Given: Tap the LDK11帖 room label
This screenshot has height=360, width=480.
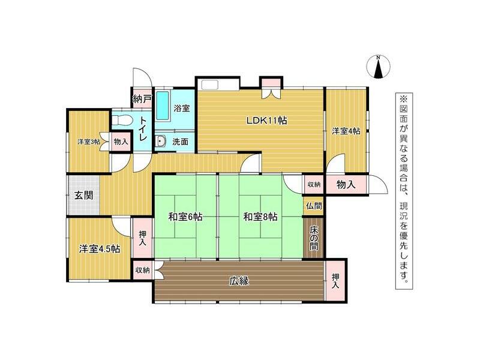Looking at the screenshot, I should [x=267, y=120].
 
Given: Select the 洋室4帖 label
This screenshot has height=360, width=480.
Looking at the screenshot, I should [x=346, y=131].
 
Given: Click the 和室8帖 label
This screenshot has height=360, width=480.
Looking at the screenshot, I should [x=260, y=217].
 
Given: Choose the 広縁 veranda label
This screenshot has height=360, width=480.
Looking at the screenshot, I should [x=239, y=280].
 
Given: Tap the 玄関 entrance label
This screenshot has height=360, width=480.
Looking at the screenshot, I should [x=83, y=195].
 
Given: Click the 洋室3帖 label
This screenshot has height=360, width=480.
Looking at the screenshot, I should [x=88, y=142].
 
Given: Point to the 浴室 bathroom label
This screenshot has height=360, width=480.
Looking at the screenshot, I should [x=182, y=109].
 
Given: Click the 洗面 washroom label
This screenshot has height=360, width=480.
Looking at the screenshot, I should [x=181, y=142].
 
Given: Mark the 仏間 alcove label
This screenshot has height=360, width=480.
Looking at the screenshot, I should [x=313, y=205].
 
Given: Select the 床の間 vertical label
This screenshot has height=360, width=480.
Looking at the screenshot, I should [x=314, y=239].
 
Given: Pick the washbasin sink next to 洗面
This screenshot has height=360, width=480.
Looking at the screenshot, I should [x=161, y=142].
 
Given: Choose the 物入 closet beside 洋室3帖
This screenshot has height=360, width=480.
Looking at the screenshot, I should [x=121, y=142].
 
